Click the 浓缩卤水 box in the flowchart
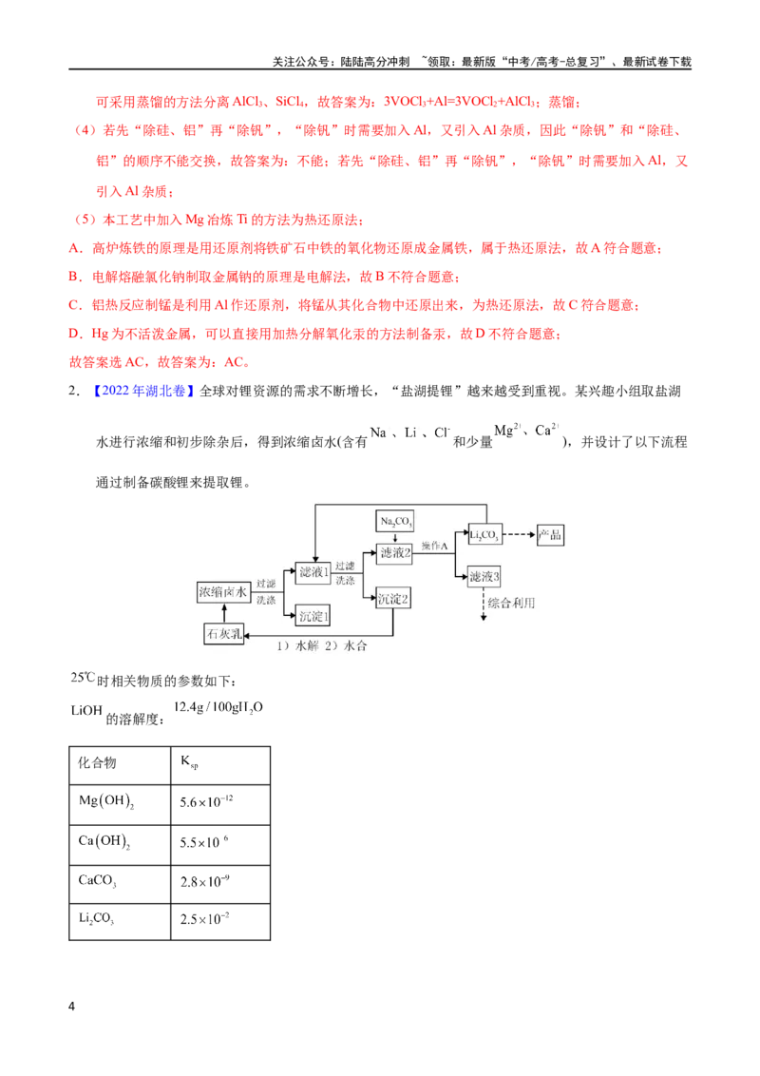point(223,592)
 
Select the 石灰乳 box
point(224,633)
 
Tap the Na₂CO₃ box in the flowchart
point(396,521)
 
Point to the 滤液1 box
point(314,571)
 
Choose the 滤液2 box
point(395,553)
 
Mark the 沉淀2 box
point(393,599)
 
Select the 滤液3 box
point(484,576)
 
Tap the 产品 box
point(549,534)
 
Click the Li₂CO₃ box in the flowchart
point(484,534)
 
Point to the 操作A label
point(435,546)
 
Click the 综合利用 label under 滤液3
point(512,604)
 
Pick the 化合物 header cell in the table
point(97,762)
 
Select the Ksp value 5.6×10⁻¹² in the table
point(206,801)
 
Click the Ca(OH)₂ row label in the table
point(104,841)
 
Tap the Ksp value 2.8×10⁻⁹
point(204,881)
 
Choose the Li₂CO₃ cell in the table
point(97,918)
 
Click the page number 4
point(71,1006)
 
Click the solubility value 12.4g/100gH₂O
point(218,707)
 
